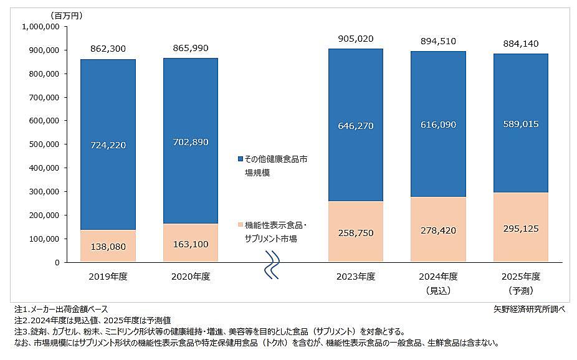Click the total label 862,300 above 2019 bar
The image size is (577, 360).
pos(108,48)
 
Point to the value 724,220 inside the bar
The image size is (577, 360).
pos(108,145)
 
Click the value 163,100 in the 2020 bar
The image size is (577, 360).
pos(190,244)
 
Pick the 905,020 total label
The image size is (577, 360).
pos(355,39)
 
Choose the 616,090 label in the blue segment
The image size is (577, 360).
pos(438,125)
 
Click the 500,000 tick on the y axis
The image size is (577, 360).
pos(41,144)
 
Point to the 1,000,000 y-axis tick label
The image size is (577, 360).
pos(41,26)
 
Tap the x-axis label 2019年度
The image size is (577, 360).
pos(108,277)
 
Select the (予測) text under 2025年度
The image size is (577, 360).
pos(521,290)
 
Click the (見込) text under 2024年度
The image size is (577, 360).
pos(438,290)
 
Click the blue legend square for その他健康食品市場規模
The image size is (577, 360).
pos(241,159)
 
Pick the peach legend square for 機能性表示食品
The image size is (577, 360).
pos(241,225)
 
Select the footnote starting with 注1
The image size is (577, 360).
pos(60,309)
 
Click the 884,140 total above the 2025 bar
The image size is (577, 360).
pos(521,44)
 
